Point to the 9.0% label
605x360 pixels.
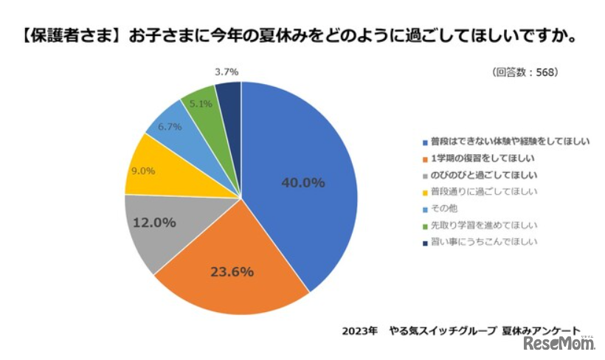(x=143, y=171)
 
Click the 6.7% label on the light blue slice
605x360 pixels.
(x=170, y=127)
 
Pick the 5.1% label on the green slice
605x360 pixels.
(x=201, y=104)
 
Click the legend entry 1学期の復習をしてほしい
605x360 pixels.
(x=482, y=159)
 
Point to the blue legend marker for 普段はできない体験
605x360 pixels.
(x=424, y=142)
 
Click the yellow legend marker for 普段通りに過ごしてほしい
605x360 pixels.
(x=424, y=192)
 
